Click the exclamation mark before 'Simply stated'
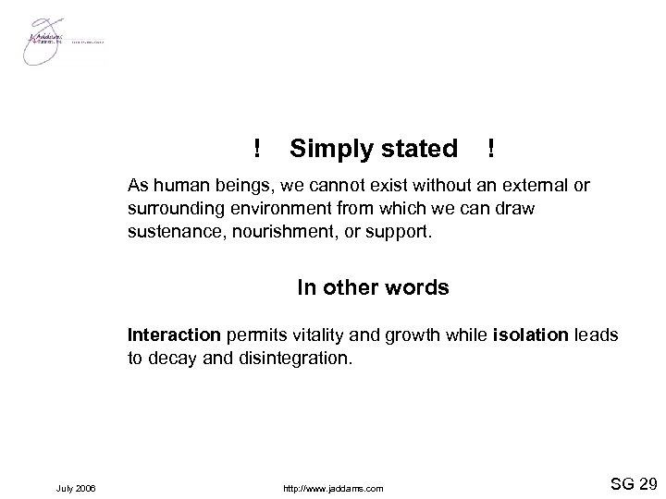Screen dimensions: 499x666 click(x=256, y=148)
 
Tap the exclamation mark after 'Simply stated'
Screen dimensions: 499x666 click(x=489, y=148)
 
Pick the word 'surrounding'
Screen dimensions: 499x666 click(x=173, y=207)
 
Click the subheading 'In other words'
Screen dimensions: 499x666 click(x=373, y=287)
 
